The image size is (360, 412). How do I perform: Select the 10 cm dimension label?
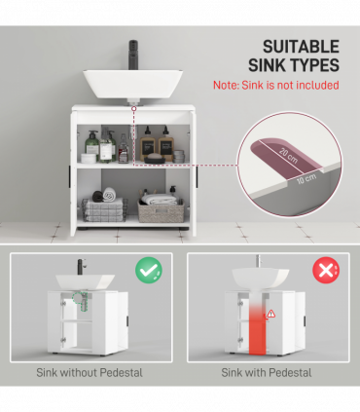305,179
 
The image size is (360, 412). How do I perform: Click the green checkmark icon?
149,270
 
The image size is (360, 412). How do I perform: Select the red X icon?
326,270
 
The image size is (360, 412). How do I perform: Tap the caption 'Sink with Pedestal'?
267,372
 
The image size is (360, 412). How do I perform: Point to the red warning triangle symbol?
270,313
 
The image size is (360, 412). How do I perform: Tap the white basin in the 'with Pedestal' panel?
258,280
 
